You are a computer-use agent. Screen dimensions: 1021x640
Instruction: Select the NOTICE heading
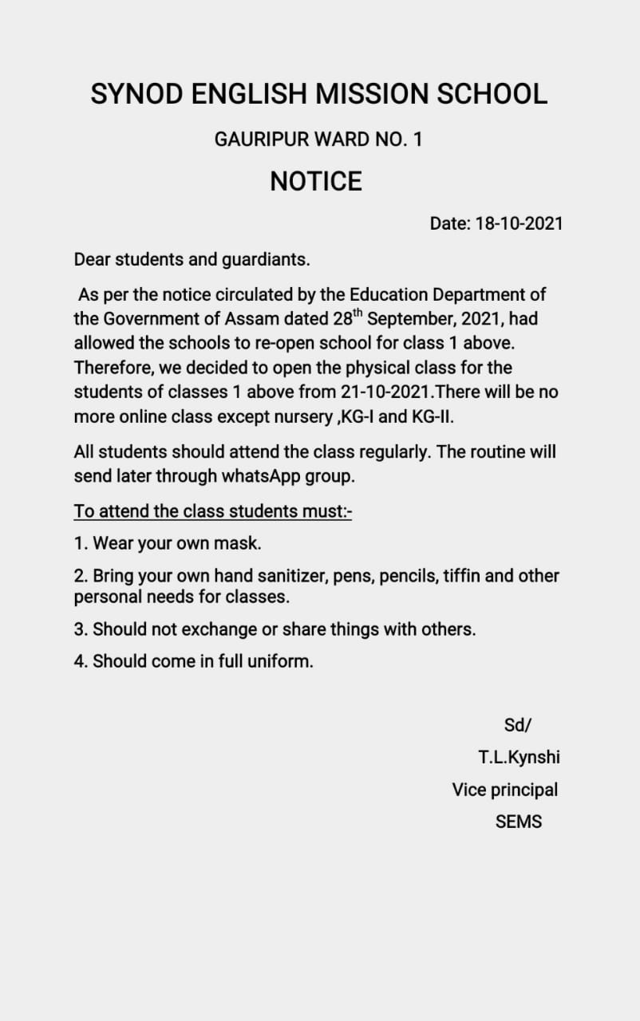[316, 182]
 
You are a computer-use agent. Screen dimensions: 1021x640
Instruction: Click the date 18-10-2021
[519, 223]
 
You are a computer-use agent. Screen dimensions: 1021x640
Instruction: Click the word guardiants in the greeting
[267, 260]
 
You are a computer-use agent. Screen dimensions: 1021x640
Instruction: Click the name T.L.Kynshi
[519, 757]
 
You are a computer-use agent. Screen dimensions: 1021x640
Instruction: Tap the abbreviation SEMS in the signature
[518, 822]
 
